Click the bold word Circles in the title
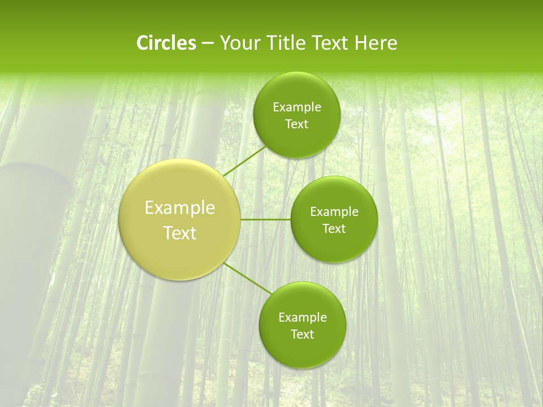tap(166, 43)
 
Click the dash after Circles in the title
tap(207, 44)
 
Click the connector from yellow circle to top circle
tap(244, 162)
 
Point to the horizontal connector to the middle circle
tap(265, 219)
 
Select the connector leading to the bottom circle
tap(247, 278)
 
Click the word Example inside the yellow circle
tap(180, 208)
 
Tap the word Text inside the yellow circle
tap(180, 233)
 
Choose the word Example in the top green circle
tap(297, 107)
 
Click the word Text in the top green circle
tap(296, 124)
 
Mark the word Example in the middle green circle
tap(334, 212)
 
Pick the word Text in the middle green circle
tap(334, 229)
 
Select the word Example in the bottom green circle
tap(303, 318)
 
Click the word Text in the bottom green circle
tap(302, 335)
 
